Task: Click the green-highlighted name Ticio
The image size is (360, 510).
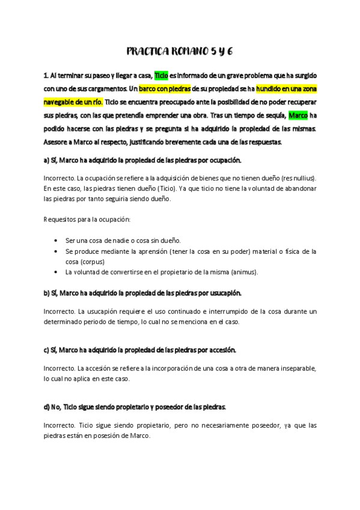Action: point(161,75)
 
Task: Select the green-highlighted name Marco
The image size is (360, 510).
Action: point(298,115)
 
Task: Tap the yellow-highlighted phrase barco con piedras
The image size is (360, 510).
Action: point(165,88)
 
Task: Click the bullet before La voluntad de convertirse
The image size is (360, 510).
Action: point(56,272)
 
